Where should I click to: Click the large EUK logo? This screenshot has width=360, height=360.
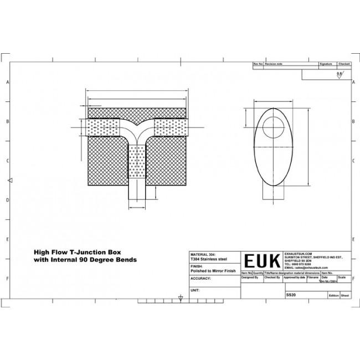click(x=263, y=260)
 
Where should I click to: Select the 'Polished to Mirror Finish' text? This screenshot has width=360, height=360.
click(x=213, y=271)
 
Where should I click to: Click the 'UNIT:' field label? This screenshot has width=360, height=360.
click(x=195, y=290)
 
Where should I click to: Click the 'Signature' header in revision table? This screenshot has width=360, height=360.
click(x=326, y=65)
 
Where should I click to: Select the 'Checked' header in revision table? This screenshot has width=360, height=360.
click(x=344, y=65)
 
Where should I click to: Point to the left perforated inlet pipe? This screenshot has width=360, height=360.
click(x=103, y=128)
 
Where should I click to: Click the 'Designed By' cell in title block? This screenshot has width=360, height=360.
click(x=250, y=277)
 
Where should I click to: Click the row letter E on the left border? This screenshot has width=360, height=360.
click(x=7, y=239)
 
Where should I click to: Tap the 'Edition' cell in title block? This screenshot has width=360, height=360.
click(x=333, y=296)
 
